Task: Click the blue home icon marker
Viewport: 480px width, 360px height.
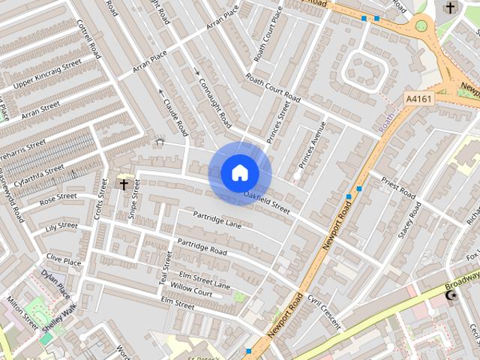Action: tap(239, 173)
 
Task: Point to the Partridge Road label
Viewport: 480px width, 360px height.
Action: tap(202, 247)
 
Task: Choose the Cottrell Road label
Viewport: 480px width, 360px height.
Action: tap(88, 40)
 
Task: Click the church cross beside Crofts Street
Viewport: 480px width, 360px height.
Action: tap(124, 183)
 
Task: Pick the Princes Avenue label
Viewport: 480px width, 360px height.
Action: tap(312, 144)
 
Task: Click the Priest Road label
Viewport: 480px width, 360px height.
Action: tap(398, 187)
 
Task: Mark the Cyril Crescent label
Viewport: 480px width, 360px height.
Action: tap(324, 311)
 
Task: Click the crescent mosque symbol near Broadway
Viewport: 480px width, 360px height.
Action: tap(451, 295)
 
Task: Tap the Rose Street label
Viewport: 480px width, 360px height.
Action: tap(58, 199)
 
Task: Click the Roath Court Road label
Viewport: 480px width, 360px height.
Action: tap(273, 89)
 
